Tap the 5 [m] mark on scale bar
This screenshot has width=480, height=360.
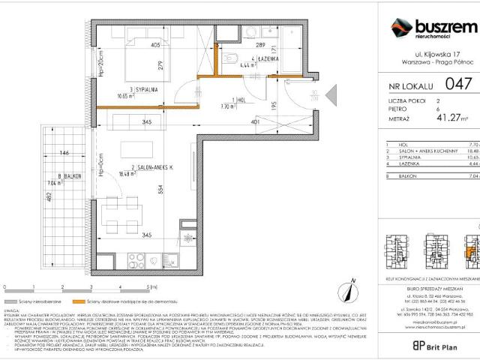click(x=148, y=286)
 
